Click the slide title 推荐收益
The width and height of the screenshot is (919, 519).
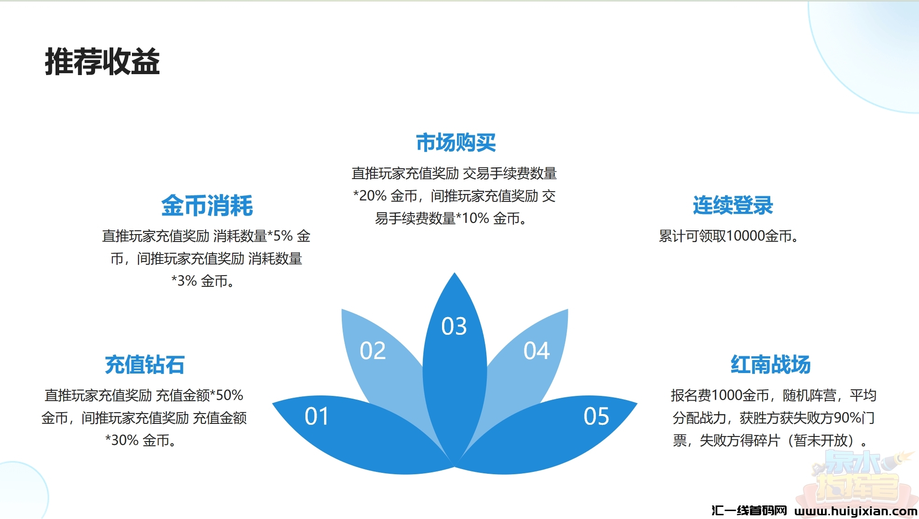[x=102, y=62]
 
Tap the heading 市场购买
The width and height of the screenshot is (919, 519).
[x=456, y=142]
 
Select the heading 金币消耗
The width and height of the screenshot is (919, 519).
[x=207, y=205]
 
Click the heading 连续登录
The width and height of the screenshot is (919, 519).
[x=732, y=205]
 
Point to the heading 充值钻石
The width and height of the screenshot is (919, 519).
[x=145, y=364]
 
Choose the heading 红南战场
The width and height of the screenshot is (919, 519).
[x=770, y=364]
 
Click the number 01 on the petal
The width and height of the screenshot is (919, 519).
[x=317, y=416]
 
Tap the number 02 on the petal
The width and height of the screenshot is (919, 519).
[x=373, y=351]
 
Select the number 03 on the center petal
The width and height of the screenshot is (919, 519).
[x=454, y=326]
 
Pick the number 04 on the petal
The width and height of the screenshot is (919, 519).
[x=537, y=351]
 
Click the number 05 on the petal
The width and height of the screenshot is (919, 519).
[x=596, y=416]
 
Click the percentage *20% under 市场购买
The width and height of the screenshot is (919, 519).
[x=370, y=196]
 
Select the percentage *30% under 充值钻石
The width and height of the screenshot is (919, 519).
[x=122, y=440]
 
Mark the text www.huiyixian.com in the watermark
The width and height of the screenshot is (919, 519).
[x=856, y=511]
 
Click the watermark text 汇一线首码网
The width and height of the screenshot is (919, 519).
[x=749, y=511]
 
